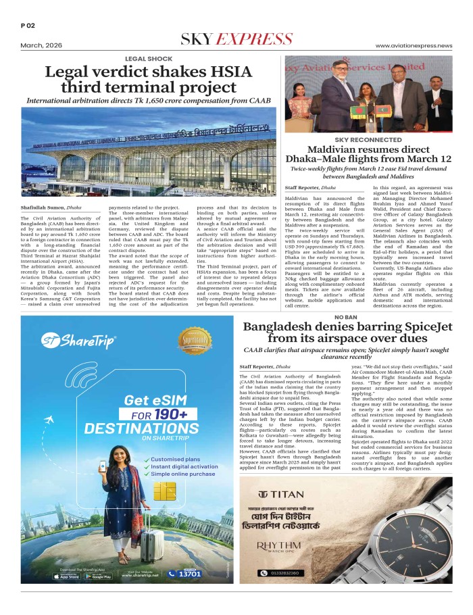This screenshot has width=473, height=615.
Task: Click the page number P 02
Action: coord(28,26)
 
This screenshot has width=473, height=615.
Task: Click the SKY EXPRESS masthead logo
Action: coord(236,39)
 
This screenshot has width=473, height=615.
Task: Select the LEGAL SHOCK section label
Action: coord(148,59)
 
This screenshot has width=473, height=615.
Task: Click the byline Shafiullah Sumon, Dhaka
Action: coord(51,208)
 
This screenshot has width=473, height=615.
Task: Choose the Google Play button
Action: coord(102,576)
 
